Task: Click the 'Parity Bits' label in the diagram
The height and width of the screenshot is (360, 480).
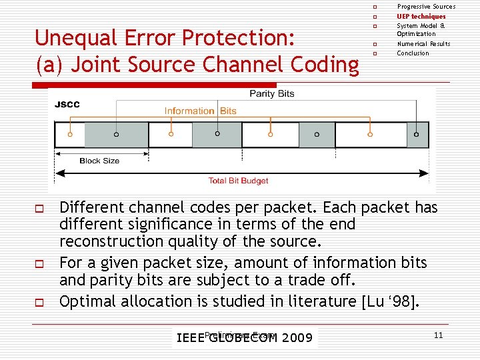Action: click(271, 94)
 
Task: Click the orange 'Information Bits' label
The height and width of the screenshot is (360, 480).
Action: click(200, 111)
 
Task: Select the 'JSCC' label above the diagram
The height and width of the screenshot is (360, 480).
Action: click(67, 105)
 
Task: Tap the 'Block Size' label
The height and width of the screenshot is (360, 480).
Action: click(99, 161)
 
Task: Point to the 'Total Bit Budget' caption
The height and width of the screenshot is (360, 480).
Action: click(238, 181)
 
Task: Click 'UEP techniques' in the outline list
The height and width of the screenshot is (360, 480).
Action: click(421, 16)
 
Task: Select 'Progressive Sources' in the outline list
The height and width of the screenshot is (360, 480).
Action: click(426, 7)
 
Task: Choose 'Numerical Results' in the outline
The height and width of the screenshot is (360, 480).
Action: click(423, 43)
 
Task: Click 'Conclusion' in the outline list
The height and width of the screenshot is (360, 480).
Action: click(413, 53)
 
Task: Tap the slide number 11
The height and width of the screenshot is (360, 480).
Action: click(438, 335)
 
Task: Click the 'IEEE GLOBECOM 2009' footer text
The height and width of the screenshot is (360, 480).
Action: click(244, 337)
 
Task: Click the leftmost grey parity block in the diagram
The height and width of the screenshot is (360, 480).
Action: click(116, 135)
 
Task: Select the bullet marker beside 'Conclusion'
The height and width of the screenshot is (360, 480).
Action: click(375, 53)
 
